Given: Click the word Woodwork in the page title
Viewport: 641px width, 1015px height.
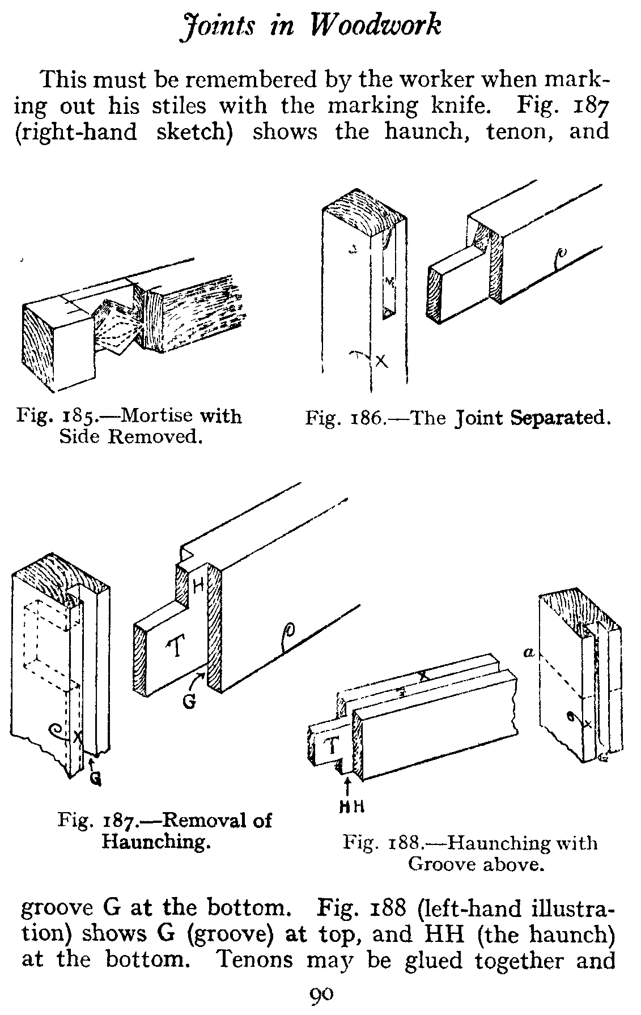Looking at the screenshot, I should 377,26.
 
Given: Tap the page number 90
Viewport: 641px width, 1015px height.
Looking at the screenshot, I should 321,994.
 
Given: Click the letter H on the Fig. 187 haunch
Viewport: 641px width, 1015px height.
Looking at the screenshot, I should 198,585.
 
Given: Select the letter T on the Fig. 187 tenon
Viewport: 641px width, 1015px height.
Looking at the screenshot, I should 176,648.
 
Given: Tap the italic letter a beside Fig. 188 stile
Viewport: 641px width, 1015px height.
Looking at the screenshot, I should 529,653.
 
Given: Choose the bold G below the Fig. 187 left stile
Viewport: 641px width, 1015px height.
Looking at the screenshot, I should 95,780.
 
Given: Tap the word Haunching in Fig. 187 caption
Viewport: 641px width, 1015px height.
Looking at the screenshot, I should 156,841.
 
